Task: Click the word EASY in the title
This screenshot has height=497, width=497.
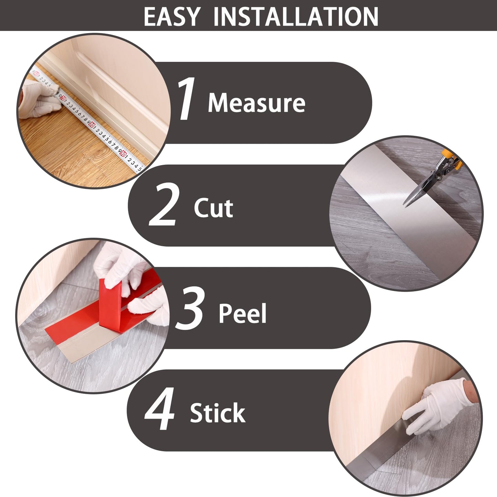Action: click(x=172, y=17)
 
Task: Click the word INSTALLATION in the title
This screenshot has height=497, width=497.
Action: click(x=296, y=17)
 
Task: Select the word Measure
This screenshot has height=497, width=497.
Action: click(x=256, y=102)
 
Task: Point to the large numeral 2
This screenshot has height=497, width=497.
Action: click(x=163, y=204)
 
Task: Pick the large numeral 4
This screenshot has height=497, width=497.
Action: click(x=159, y=409)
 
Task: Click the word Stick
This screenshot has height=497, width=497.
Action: click(x=217, y=413)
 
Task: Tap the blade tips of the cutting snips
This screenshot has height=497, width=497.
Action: click(x=405, y=204)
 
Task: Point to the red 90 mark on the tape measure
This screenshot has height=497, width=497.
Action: click(x=123, y=154)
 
